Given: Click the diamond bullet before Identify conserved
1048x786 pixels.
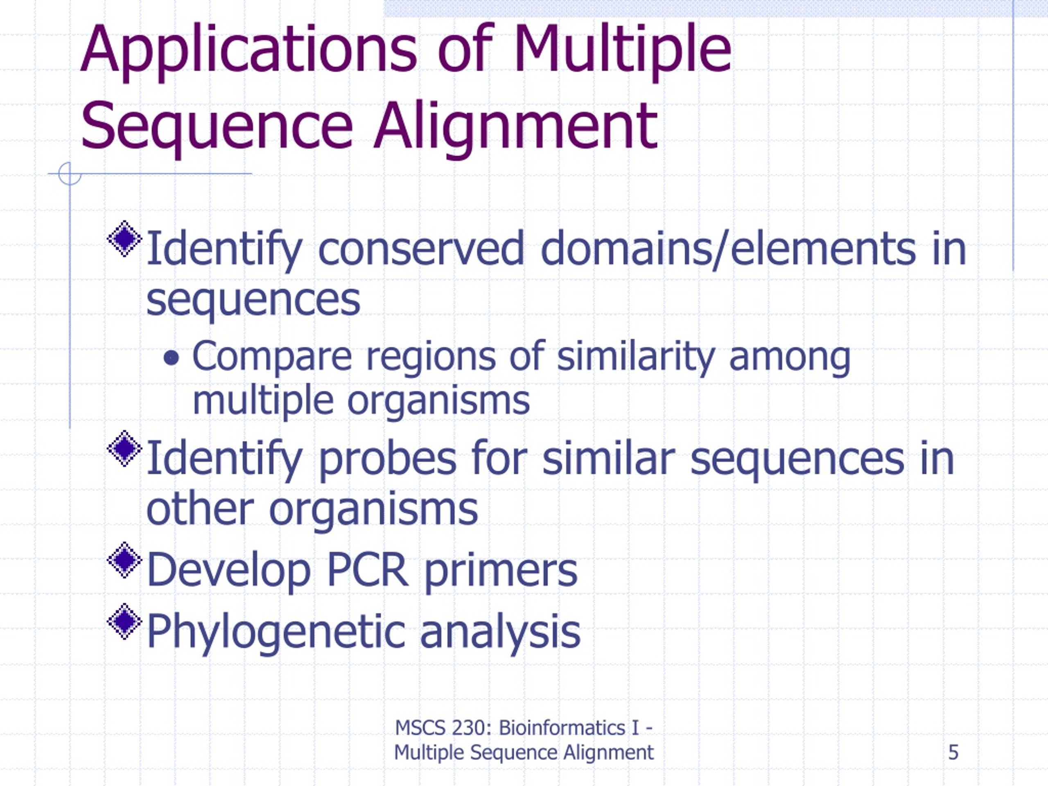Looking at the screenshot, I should [x=124, y=238].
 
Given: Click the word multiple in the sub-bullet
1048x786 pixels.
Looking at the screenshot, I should [x=263, y=401].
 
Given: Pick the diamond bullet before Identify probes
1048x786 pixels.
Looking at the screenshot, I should [x=124, y=448].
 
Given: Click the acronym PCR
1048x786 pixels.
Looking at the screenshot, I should [x=367, y=570].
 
